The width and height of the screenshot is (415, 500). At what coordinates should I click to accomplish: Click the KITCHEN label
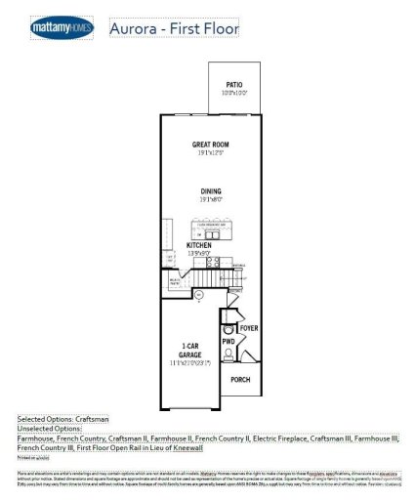(x=200, y=244)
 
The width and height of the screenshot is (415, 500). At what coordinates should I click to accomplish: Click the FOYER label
(x=248, y=329)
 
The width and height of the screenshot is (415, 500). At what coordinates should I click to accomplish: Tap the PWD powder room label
(x=228, y=342)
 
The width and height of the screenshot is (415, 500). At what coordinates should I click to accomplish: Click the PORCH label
(x=240, y=379)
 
